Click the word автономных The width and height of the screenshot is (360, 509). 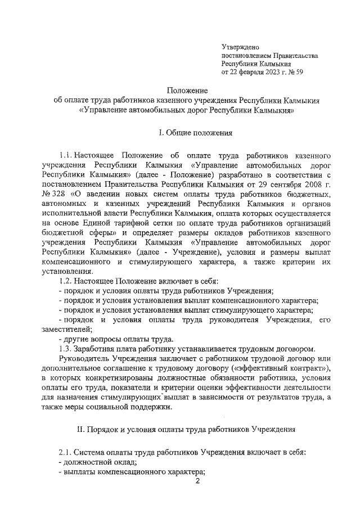[x=66, y=205]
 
